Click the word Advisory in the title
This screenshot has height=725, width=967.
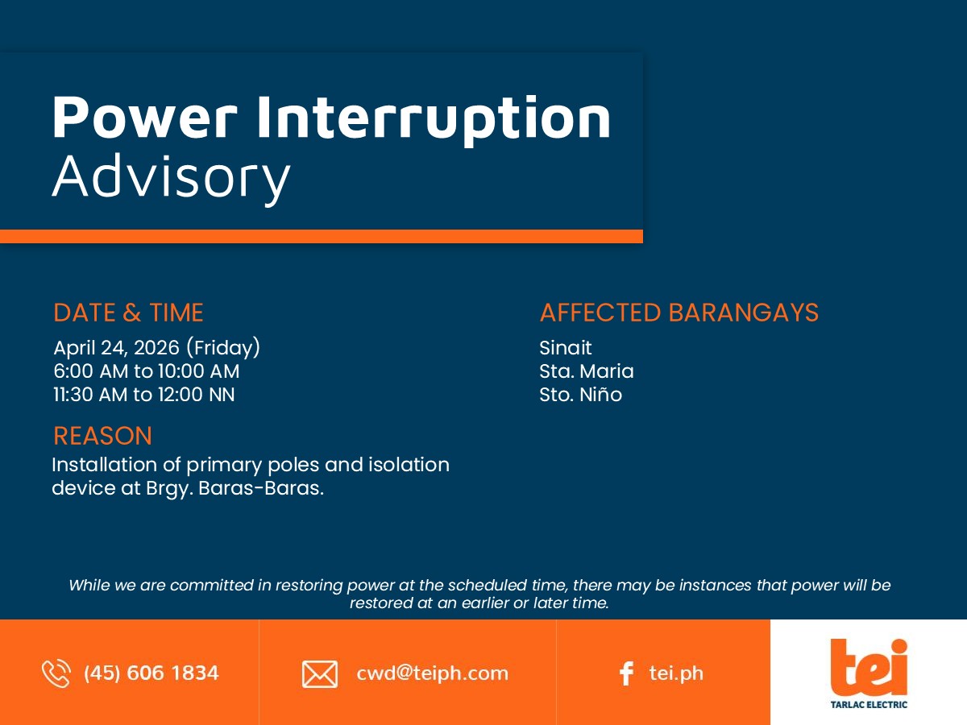[x=172, y=178]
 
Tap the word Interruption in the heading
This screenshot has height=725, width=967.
[x=434, y=120]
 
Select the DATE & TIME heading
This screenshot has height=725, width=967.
[x=128, y=313]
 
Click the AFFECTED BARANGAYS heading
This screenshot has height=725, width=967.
[x=679, y=313]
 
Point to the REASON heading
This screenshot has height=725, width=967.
[x=102, y=436]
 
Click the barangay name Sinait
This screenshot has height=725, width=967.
[x=565, y=348]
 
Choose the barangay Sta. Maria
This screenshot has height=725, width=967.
[x=587, y=371]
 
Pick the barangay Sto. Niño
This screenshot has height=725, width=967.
[x=581, y=395]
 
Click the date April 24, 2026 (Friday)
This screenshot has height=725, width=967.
[x=157, y=348]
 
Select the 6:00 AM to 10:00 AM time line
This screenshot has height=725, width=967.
[x=147, y=371]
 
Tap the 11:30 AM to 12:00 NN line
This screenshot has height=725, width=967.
[x=143, y=395]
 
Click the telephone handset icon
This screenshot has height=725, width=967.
[x=56, y=673]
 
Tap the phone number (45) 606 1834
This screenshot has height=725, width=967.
[x=151, y=673]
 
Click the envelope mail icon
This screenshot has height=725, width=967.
[x=320, y=674]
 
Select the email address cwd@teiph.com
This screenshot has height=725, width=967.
[x=432, y=673]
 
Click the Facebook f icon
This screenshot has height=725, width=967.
[x=626, y=673]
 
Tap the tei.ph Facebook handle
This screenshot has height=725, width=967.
[x=676, y=673]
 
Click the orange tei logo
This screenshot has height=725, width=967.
[x=869, y=667]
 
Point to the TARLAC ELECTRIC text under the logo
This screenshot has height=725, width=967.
[x=869, y=705]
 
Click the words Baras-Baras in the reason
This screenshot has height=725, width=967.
[x=261, y=488]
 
